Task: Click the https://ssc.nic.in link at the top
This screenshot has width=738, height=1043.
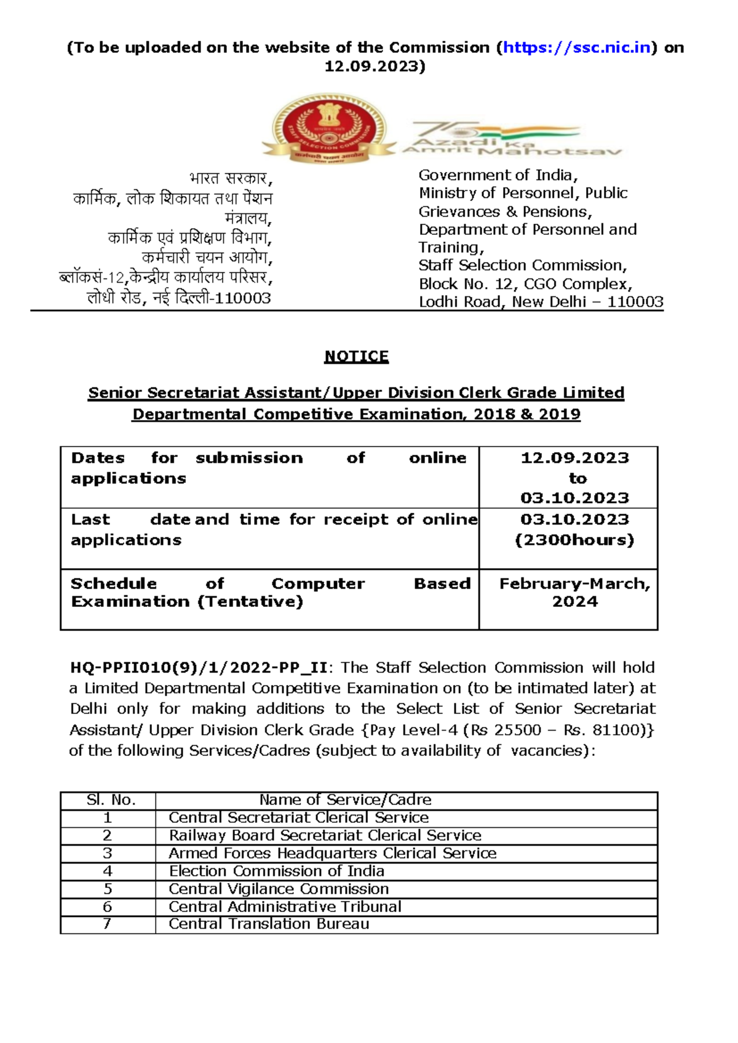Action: [577, 47]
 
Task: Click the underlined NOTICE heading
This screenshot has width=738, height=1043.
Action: [356, 357]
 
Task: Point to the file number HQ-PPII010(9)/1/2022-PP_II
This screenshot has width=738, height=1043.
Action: [199, 668]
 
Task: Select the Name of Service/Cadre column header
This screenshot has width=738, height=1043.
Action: [345, 800]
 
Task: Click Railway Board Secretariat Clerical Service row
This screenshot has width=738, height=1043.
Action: [325, 835]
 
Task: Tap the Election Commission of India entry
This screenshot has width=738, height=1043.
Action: [276, 871]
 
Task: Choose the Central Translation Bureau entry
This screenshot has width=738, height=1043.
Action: [269, 924]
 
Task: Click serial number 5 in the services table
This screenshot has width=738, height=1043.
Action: [108, 889]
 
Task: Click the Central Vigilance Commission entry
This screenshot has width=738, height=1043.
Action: [279, 889]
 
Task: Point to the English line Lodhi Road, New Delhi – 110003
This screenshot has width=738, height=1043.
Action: [541, 302]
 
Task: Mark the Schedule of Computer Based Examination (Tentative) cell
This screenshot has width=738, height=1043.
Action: [270, 592]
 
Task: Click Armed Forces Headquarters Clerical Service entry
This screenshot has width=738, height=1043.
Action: [332, 853]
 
